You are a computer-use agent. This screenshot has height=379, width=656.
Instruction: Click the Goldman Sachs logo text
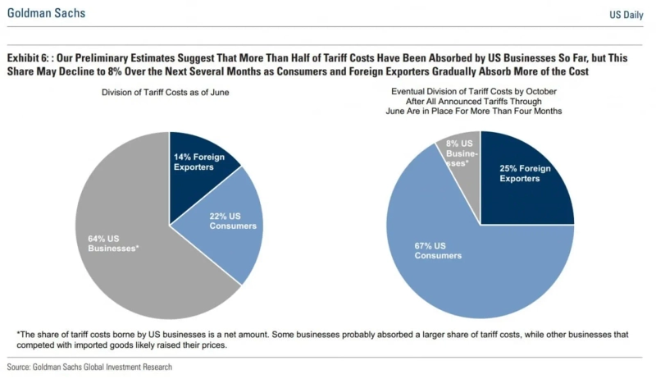click(46, 14)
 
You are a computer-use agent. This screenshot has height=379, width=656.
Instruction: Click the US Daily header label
click(626, 15)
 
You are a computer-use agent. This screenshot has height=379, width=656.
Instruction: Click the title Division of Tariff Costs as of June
click(165, 93)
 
